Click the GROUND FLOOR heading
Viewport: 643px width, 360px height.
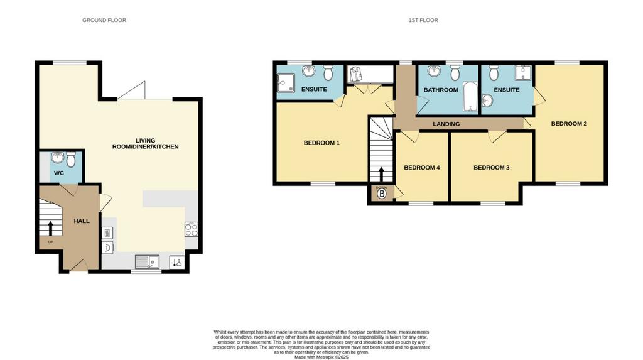[x=104, y=20]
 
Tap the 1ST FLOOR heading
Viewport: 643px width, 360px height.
[x=423, y=20]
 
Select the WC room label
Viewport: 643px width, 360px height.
[x=59, y=173]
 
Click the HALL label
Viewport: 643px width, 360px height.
[x=82, y=221]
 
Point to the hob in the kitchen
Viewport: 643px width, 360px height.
[x=192, y=229]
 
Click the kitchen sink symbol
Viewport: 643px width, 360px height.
[x=147, y=261]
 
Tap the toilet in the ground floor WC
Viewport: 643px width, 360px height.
[x=72, y=160]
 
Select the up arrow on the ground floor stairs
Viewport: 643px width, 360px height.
[x=51, y=228]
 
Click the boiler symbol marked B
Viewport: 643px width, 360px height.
[x=382, y=194]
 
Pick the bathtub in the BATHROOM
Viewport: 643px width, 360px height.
[x=470, y=97]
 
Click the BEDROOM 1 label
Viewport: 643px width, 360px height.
[x=321, y=143]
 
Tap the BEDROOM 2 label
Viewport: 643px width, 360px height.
[x=569, y=124]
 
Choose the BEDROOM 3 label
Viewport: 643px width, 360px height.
[x=491, y=168]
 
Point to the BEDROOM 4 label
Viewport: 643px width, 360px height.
[x=421, y=168]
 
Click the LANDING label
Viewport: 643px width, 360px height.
[x=446, y=124]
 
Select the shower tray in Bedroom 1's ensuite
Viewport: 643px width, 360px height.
[x=286, y=83]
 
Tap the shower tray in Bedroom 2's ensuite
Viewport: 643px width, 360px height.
[x=523, y=73]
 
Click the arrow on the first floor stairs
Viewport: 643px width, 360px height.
[x=381, y=175]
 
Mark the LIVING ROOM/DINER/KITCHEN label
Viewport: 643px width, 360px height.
[x=146, y=144]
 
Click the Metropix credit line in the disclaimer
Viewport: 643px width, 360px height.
[x=321, y=357]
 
